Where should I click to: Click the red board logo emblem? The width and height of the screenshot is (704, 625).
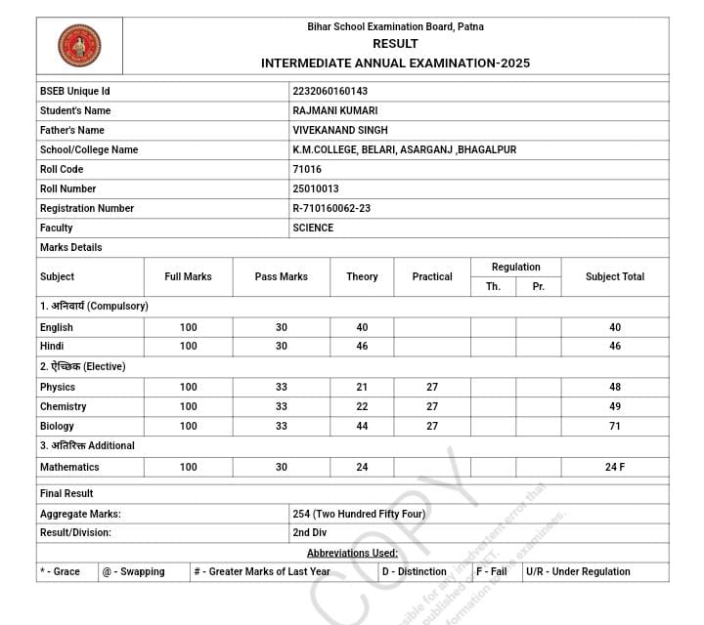(x=79, y=45)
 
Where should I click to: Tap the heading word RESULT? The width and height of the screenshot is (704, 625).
(x=395, y=44)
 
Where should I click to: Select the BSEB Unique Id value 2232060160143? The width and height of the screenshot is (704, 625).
(x=330, y=91)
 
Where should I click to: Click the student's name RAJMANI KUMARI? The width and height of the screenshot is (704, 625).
(x=334, y=110)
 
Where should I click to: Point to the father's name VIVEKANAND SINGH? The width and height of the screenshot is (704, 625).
(x=339, y=130)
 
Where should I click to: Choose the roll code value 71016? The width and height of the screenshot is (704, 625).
(x=307, y=169)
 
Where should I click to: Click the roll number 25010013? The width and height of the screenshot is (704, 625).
(x=316, y=188)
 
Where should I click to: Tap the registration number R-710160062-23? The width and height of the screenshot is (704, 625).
(x=331, y=208)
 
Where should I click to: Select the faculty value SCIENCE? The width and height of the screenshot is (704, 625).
(x=313, y=228)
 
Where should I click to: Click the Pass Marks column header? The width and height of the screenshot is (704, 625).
(x=282, y=276)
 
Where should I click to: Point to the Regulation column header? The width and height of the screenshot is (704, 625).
(x=515, y=267)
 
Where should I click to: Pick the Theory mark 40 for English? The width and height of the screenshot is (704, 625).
(x=362, y=327)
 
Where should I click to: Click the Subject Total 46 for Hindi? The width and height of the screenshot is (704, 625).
(x=615, y=346)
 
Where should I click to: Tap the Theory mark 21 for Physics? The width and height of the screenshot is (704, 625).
(x=362, y=387)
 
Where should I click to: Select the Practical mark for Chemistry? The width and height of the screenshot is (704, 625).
(x=432, y=406)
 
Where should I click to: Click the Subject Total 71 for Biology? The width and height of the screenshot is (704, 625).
(x=615, y=426)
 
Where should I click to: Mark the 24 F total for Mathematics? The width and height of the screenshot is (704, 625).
(x=615, y=467)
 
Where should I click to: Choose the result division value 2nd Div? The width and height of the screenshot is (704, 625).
(x=309, y=532)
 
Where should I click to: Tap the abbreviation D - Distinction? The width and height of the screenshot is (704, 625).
(x=414, y=571)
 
